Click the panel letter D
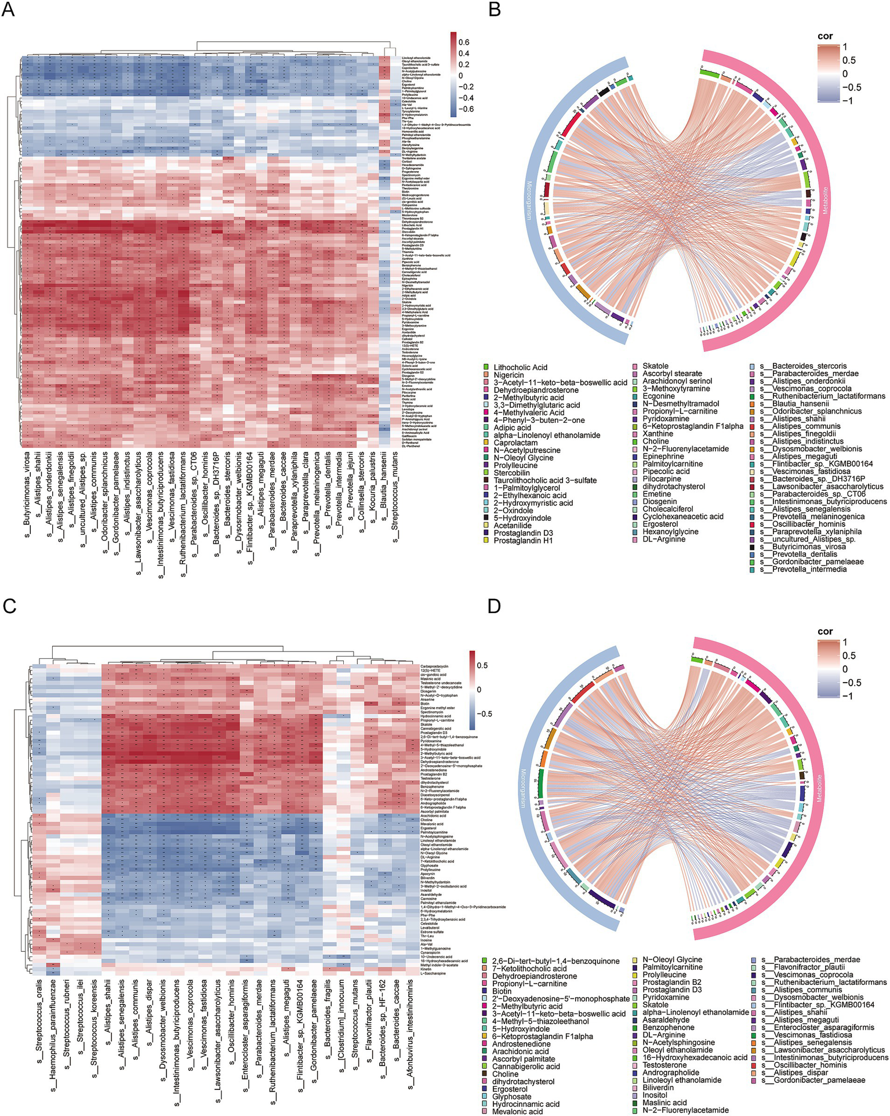(x=494, y=606)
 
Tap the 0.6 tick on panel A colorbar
(x=463, y=42)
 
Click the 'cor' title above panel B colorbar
(x=825, y=36)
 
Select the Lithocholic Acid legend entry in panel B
(x=520, y=367)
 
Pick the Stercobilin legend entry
(x=511, y=473)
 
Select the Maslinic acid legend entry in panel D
(x=664, y=1103)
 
